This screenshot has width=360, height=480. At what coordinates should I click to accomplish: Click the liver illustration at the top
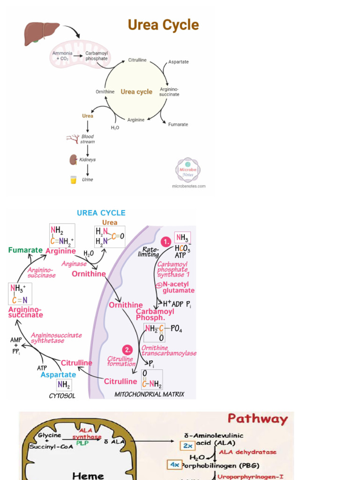pos(42,34)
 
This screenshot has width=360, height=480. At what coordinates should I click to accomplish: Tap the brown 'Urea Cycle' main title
pos(164,25)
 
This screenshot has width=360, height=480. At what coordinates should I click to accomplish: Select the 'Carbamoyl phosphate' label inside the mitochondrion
pos(97,56)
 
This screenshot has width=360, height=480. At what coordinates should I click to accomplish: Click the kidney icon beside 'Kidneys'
pos(73,160)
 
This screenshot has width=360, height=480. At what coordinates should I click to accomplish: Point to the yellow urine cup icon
pos(73,180)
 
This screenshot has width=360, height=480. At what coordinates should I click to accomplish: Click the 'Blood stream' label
pos(88,139)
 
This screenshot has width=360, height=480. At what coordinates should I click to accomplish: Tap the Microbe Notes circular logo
pos(187,170)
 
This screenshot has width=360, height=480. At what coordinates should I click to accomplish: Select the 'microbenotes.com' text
pos(188,186)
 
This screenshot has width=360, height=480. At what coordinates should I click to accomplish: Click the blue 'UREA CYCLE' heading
pos(101,213)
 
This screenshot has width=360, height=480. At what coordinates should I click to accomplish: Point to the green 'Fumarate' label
pos(25,250)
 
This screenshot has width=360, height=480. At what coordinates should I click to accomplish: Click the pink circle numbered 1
pos(165,241)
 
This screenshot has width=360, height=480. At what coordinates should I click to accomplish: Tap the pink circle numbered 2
pos(127,350)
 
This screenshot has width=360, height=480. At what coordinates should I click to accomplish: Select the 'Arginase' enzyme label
pos(74,264)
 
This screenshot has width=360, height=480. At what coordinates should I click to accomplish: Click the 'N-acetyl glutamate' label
pos(178,287)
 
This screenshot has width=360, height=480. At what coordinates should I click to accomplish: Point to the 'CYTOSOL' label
pos(62,396)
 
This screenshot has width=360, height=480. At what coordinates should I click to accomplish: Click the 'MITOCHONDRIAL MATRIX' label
pos(150,395)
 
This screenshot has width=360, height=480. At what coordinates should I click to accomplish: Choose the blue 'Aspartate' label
pos(58,375)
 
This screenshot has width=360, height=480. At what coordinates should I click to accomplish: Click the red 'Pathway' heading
pos(257,419)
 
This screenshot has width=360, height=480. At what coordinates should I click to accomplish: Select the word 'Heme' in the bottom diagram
pos(88,475)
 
